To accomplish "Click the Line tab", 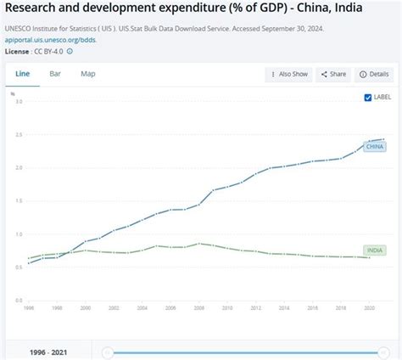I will (23, 74).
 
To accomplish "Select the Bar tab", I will (55, 74).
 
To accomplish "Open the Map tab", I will (88, 74).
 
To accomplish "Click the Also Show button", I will (288, 75).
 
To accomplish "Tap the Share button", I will (332, 75).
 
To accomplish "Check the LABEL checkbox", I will (367, 98).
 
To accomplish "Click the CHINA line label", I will (374, 147).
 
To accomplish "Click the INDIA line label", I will (374, 250).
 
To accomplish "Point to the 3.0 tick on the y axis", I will (19, 102).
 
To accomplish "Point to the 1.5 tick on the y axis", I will (19, 201).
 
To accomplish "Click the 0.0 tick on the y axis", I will (19, 300).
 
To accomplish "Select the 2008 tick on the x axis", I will (199, 308).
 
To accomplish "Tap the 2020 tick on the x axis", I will (370, 308).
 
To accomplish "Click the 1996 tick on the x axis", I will (29, 308).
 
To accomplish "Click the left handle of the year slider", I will (108, 352).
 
